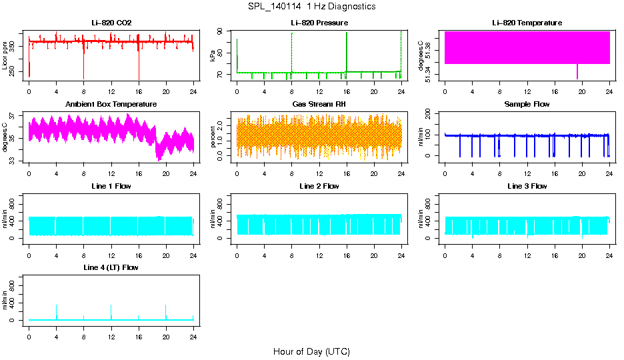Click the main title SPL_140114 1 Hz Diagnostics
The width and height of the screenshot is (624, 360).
pyautogui.click(x=311, y=7)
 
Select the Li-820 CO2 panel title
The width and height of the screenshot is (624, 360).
pyautogui.click(x=111, y=23)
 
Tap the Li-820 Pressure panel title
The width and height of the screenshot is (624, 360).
pyautogui.click(x=319, y=23)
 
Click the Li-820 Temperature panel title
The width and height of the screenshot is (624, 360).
pyautogui.click(x=527, y=23)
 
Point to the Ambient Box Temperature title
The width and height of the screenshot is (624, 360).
pyautogui.click(x=111, y=105)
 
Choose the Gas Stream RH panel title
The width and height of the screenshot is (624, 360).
pyautogui.click(x=319, y=105)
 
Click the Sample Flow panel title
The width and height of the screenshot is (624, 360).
pyautogui.click(x=527, y=105)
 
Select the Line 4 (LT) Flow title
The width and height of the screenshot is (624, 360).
pyautogui.click(x=111, y=267)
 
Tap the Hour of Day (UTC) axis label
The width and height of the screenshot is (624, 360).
pyautogui.click(x=311, y=351)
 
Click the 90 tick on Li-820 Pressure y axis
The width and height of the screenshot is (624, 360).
pyautogui.click(x=221, y=31)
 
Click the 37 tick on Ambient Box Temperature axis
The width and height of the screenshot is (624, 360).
pyautogui.click(x=14, y=115)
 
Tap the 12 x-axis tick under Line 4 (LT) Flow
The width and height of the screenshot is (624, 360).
pyautogui.click(x=111, y=330)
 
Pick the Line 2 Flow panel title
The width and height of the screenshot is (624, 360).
pyautogui.click(x=319, y=186)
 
